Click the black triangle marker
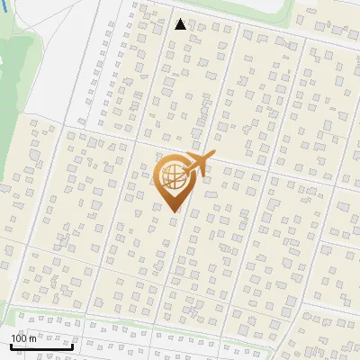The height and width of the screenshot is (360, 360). [181, 24]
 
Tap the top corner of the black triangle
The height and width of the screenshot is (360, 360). [181, 19]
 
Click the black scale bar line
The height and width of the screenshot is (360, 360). [41, 346]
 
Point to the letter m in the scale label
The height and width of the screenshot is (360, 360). [32, 338]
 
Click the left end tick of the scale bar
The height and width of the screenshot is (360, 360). [11, 344]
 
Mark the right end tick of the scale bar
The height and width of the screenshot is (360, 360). [72, 344]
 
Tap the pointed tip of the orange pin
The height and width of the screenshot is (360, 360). [174, 212]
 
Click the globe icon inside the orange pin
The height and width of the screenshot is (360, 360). [173, 178]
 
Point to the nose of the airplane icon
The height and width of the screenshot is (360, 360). [214, 155]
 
